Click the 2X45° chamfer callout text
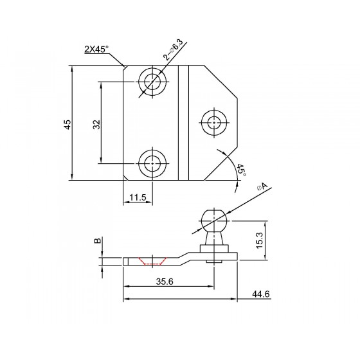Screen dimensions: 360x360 click(96, 49)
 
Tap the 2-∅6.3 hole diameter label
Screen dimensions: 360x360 click(173, 50)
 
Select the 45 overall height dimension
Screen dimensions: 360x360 click(67, 124)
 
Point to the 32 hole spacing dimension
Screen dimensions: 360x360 click(97, 125)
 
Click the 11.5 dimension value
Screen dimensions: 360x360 click(138, 197)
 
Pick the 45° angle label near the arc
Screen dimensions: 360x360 click(241, 170)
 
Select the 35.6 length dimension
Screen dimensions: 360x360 click(165, 282)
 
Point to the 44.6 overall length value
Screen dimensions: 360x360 click(261, 294)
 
